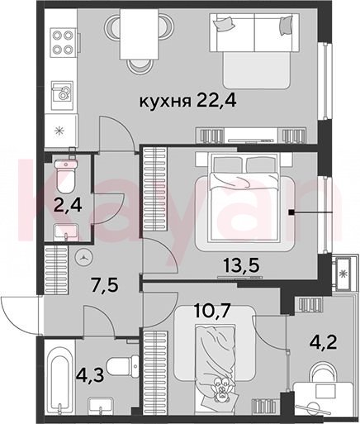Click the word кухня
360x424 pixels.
tap(165, 102)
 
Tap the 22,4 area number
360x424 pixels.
tap(216, 101)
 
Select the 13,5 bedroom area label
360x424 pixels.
tap(242, 266)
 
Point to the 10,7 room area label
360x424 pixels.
tap(211, 310)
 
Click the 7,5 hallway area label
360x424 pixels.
tap(104, 285)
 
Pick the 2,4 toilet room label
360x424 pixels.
tap(68, 206)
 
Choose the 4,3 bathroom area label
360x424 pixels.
tap(90, 374)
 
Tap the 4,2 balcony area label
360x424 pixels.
tap(324, 342)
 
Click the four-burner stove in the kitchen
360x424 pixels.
tap(63, 42)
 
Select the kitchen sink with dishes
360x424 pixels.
tap(62, 94)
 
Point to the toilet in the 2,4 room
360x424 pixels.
tap(65, 176)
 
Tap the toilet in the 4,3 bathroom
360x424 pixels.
tap(122, 366)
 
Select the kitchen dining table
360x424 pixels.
tap(140, 34)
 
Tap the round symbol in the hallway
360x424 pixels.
tap(83, 258)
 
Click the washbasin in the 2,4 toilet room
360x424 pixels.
tap(66, 233)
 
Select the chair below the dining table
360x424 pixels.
tap(140, 66)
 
